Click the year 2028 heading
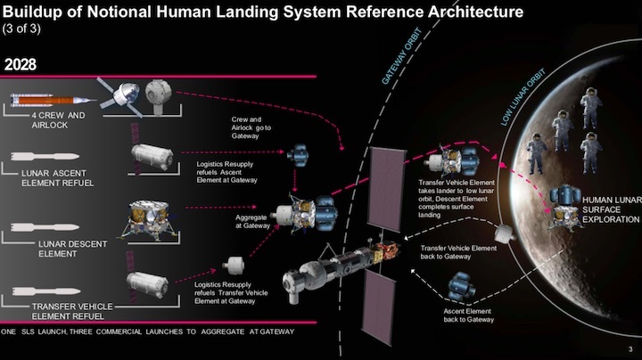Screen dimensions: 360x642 pos(26,65)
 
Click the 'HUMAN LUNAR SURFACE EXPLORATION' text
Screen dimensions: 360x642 pos(611,209)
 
